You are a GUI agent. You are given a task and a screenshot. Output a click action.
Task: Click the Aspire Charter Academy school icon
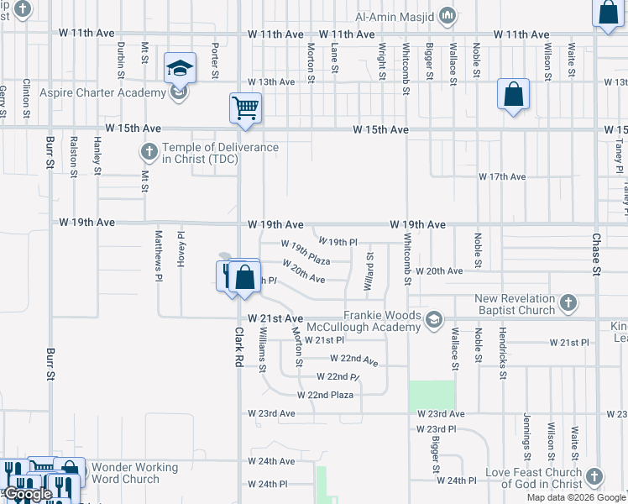pyautogui.click(x=179, y=93)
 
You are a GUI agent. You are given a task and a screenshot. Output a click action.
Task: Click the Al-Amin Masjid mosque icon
pyautogui.click(x=447, y=14)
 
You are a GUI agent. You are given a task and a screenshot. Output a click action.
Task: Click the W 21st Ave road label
pyautogui.click(x=275, y=319)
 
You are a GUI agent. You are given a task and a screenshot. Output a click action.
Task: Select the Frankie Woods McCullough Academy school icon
pyautogui.click(x=433, y=319)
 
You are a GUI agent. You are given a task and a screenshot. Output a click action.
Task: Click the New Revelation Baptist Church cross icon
pyautogui.click(x=568, y=303)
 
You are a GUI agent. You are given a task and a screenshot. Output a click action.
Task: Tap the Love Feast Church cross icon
pyautogui.click(x=594, y=476)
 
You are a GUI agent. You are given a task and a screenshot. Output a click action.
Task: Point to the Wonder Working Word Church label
pyautogui.click(x=134, y=473)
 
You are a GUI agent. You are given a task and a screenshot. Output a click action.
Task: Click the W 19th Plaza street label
pyautogui.click(x=306, y=251)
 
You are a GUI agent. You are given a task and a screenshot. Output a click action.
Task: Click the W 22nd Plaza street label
pyautogui.click(x=325, y=395)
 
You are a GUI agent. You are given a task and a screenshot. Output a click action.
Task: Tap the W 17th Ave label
pyautogui.click(x=502, y=177)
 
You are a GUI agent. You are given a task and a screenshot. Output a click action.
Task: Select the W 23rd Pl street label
pyautogui.click(x=436, y=429)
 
